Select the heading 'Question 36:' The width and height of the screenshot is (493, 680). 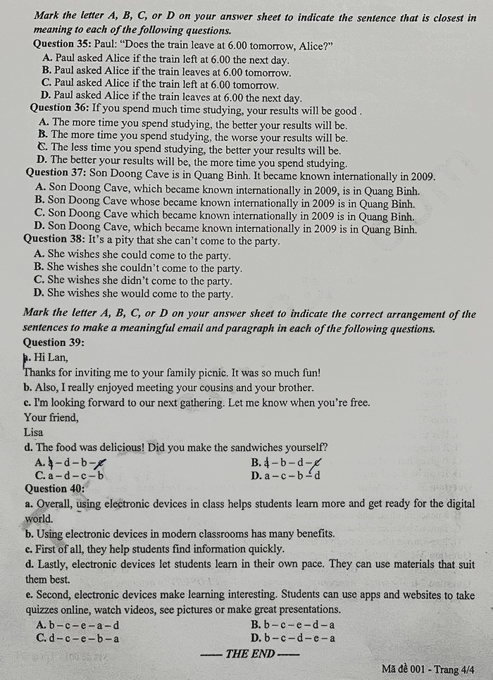[60, 110]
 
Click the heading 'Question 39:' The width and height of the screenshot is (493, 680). [54, 342]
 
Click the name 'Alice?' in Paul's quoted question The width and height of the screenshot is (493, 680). [316, 44]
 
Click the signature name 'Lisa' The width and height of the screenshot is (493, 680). [33, 432]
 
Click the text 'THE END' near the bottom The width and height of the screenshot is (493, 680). [249, 653]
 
